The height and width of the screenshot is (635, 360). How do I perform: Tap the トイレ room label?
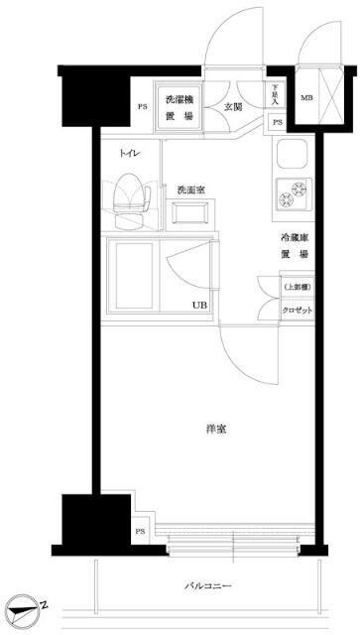(128, 154)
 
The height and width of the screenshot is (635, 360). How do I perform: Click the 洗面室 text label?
(191, 190)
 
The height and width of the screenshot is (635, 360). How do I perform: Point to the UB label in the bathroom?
(199, 305)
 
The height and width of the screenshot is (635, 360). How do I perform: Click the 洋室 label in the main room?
(217, 429)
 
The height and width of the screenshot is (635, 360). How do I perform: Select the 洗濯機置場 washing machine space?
(180, 107)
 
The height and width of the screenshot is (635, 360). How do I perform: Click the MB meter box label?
(306, 96)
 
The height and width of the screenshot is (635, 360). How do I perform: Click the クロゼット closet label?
(296, 310)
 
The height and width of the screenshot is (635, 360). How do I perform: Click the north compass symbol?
(25, 607)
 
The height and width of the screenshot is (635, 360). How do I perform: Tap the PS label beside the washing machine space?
(142, 108)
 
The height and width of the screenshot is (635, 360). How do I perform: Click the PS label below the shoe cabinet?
(277, 122)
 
